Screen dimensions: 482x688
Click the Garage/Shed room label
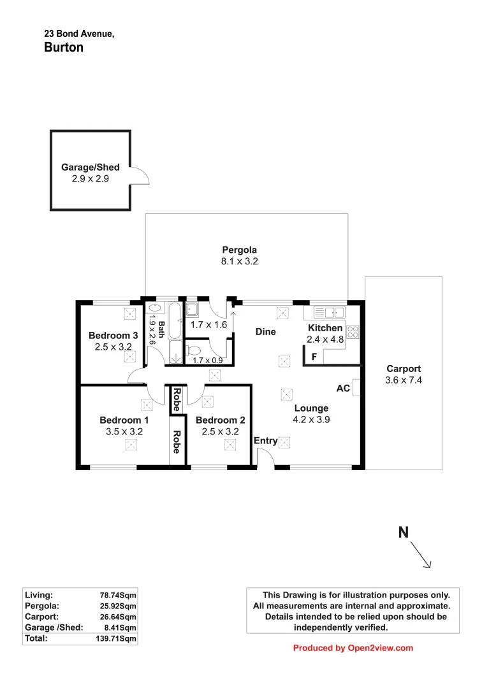click(90, 168)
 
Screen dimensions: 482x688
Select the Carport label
click(404, 369)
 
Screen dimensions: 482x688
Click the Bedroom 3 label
click(113, 336)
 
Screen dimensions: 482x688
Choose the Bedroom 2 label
click(220, 420)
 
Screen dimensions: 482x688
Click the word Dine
click(265, 332)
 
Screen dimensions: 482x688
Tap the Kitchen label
click(326, 328)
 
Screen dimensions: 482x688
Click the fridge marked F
click(314, 357)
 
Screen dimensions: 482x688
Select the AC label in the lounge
click(343, 388)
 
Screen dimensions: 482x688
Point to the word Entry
click(266, 441)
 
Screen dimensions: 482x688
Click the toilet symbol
click(194, 350)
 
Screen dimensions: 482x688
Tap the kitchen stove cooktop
click(353, 332)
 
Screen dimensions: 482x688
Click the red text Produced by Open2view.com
click(353, 649)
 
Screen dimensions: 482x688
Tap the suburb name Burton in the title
click(64, 47)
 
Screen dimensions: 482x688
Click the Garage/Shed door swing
click(140, 175)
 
